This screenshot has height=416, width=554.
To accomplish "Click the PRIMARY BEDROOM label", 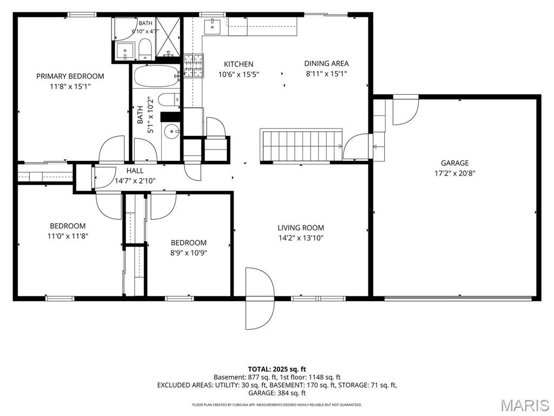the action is tap(70, 76).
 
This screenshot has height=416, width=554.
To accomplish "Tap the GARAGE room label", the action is tap(454, 163).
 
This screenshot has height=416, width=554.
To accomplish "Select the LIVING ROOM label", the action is tap(301, 228).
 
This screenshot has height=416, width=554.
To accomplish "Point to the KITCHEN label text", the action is tap(239, 64).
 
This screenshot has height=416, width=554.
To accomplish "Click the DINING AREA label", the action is tap(326, 63).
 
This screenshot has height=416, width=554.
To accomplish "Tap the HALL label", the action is tap(135, 171).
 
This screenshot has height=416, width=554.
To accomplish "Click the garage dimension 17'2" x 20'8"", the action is tap(454, 173).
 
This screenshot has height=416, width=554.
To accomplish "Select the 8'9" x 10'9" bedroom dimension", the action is tap(189, 253).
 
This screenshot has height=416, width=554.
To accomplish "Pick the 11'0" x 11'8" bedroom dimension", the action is tap(68, 236).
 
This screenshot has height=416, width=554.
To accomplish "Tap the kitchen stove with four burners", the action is tap(194, 66).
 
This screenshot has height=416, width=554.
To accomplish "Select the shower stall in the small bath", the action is tap(168, 37).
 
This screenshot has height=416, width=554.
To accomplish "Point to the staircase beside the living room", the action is tap(301, 145).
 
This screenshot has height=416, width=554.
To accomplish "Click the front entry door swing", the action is tap(260, 298).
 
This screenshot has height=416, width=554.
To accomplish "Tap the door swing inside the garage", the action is tap(406, 110).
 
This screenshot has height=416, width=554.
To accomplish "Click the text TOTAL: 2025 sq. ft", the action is tap(277, 369).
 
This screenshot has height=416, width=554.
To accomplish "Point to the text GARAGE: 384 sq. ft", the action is tap(277, 393).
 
